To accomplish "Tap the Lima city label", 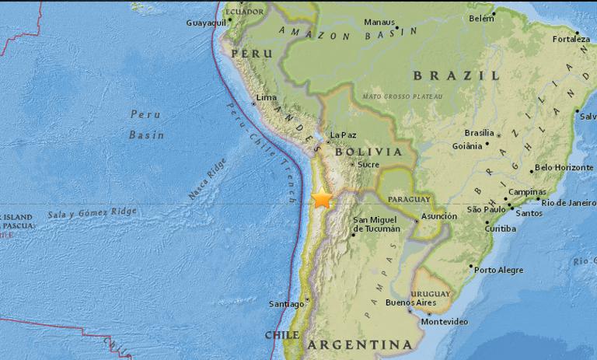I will (x=267, y=97).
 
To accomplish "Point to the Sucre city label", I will (x=368, y=165).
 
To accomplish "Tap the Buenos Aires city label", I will (x=408, y=302).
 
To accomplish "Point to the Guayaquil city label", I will (x=205, y=23).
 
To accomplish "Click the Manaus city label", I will (x=379, y=22).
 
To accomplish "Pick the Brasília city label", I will (x=479, y=133).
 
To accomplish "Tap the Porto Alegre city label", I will (x=497, y=270).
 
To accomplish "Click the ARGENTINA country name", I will (x=359, y=344).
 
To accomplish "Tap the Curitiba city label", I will (x=501, y=229).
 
